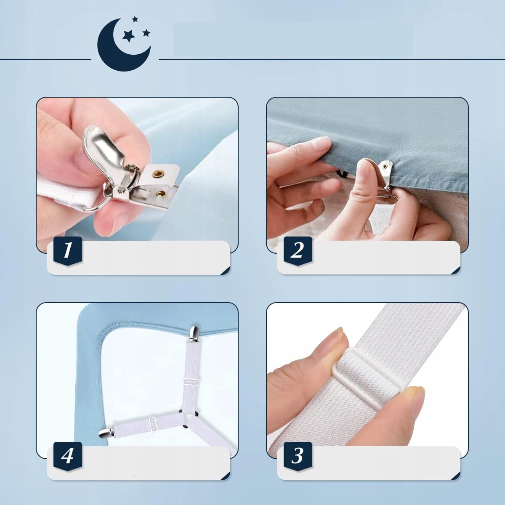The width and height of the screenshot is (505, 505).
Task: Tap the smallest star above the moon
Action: pos(135,19)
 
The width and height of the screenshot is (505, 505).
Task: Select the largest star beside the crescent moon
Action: pos(129,36)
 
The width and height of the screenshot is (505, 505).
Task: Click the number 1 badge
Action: pos(68,250)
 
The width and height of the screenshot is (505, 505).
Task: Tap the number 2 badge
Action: pos(298,250)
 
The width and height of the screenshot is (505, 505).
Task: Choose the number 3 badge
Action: pos(298,456)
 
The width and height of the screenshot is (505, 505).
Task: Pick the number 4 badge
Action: pos(68,456)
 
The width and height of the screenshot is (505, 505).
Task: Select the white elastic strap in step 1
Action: pos(66,189)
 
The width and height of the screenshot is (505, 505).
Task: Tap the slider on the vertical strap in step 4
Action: pos(191,382)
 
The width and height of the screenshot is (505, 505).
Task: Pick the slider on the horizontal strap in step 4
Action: pos(152,423)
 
